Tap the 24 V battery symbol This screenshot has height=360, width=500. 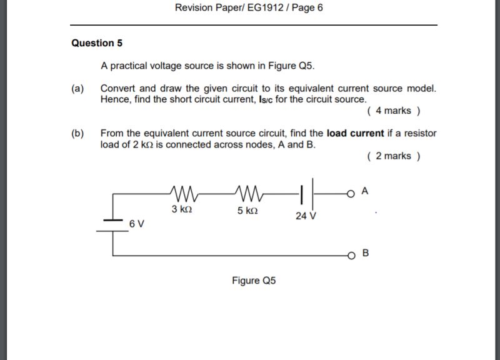(x=307, y=193)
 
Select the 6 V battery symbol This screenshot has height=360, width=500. (x=113, y=224)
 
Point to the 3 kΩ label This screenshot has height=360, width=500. (x=182, y=209)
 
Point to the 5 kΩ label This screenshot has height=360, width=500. (x=247, y=211)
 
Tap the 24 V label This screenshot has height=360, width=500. (x=306, y=216)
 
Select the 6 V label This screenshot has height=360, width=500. (x=137, y=223)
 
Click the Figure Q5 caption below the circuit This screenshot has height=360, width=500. (x=253, y=281)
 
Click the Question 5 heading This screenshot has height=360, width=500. (x=97, y=43)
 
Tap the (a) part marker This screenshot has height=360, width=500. (x=78, y=88)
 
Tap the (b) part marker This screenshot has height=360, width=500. (x=78, y=133)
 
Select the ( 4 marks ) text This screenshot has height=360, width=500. (x=394, y=111)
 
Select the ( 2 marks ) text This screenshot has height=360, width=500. (x=394, y=156)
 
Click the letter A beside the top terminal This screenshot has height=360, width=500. (x=365, y=191)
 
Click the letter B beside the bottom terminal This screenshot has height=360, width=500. (x=366, y=253)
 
